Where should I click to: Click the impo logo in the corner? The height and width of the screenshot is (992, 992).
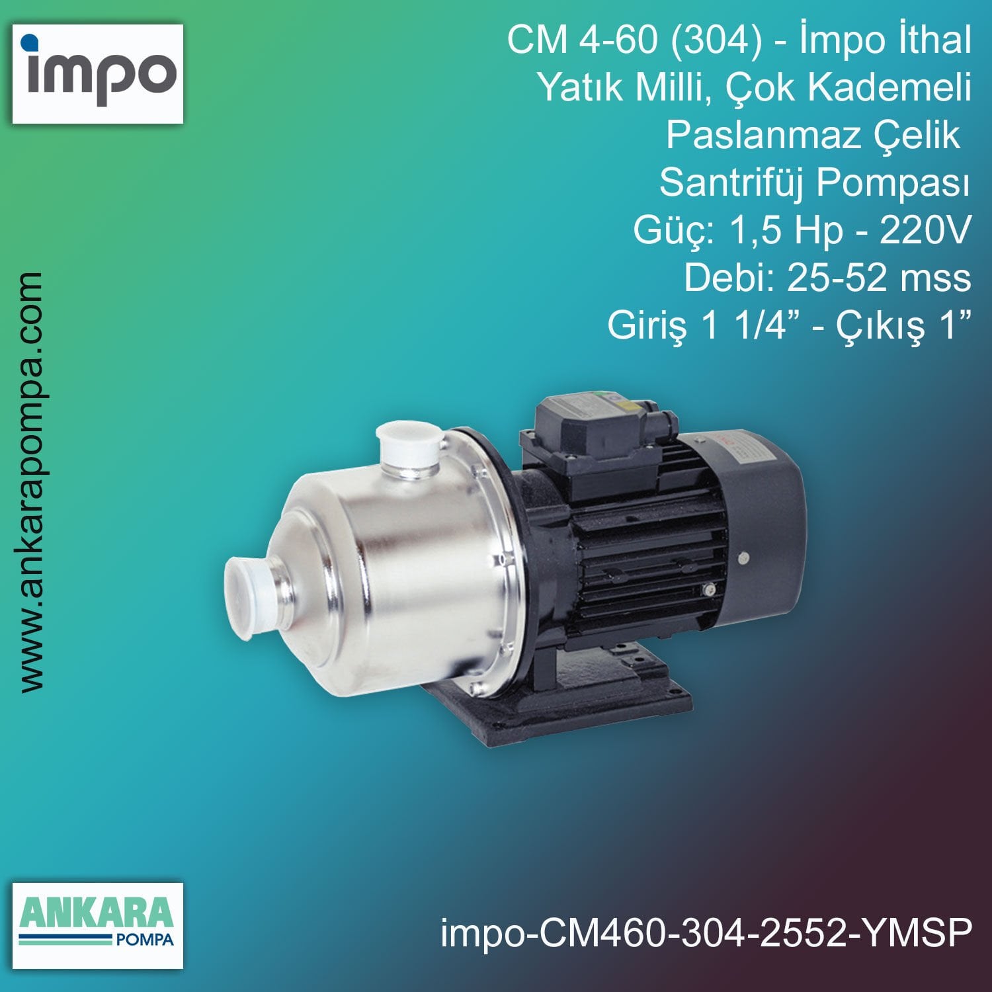[x=98, y=73]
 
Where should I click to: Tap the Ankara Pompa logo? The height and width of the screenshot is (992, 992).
[x=98, y=925]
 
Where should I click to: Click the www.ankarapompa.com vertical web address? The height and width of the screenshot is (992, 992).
[x=31, y=482]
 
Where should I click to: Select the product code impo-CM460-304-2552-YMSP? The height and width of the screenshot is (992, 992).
[x=706, y=933]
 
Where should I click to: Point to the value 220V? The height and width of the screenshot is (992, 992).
[x=925, y=230]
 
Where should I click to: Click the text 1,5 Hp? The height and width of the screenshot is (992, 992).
[x=785, y=230]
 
